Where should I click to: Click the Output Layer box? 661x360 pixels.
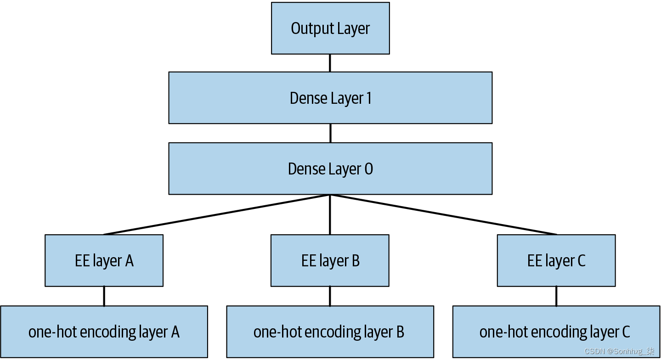pos(330,28)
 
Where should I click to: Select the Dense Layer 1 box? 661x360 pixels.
pos(330,98)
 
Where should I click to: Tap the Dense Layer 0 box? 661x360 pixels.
pos(330,169)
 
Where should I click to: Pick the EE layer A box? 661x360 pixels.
pos(104,261)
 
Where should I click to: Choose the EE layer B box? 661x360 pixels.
pos(330,261)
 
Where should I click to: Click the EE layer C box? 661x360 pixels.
pos(556,261)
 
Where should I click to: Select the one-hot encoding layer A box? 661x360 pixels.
pos(104,332)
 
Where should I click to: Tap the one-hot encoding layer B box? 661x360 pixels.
pos(330,332)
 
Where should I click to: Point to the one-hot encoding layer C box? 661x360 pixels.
pos(556,332)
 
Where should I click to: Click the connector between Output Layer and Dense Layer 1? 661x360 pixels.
pos(330,63)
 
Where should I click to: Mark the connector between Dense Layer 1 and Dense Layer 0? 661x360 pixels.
pos(330,133)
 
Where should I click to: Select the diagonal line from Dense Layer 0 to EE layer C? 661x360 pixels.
pos(443,214)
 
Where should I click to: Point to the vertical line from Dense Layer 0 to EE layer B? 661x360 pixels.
pos(330,215)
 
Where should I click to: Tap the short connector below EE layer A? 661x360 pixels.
pos(104,296)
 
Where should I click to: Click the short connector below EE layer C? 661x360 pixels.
pos(556,296)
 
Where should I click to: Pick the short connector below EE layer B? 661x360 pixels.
pos(330,296)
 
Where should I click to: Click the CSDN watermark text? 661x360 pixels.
pos(619,351)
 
